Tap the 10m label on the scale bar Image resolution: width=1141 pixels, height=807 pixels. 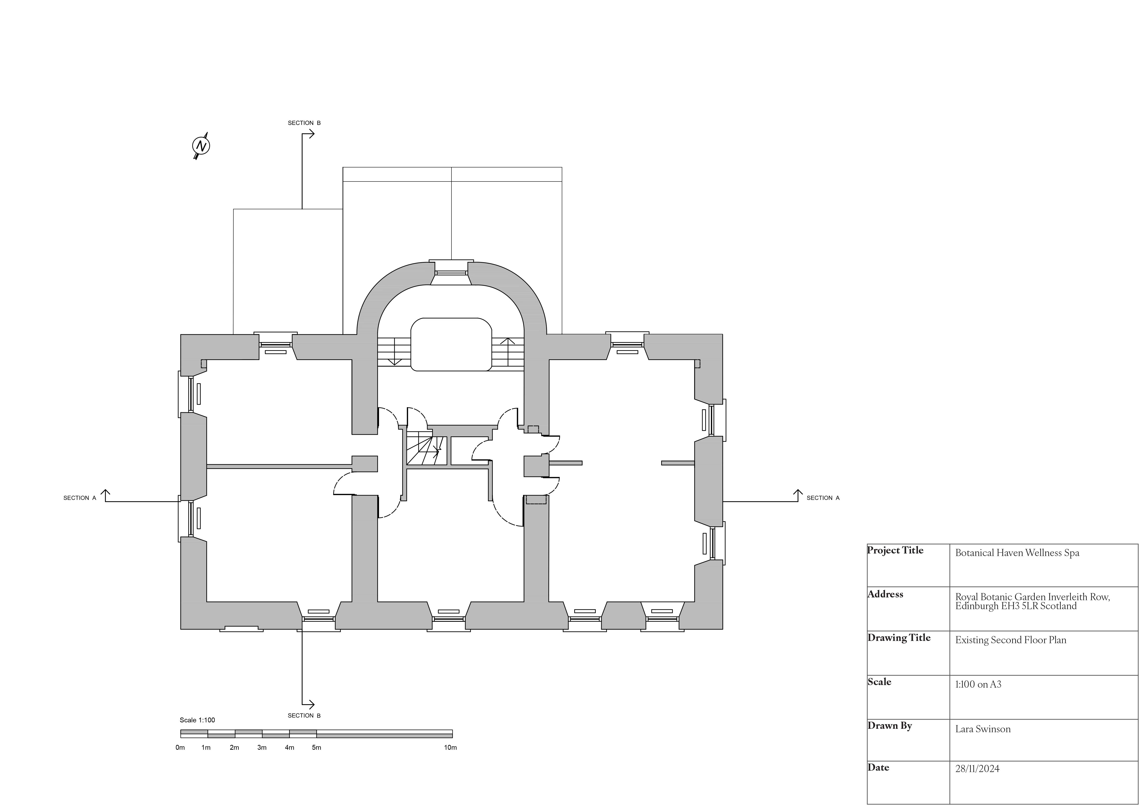pos(450,747)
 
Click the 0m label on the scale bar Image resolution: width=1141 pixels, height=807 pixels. pos(180,747)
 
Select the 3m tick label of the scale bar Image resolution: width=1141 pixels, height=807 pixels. pos(262,747)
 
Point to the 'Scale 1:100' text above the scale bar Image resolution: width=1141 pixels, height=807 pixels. pos(197,720)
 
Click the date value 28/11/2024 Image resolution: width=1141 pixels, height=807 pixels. pos(977,769)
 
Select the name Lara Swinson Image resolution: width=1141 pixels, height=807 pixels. pos(983,729)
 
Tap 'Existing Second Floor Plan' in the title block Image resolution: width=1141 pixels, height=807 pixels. pos(1010,640)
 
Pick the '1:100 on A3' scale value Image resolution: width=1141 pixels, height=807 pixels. pos(978,684)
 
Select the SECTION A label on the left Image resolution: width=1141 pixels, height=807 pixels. pos(80,498)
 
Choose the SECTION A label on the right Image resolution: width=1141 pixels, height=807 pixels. pos(823,498)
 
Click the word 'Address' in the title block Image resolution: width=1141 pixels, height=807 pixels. pos(885,594)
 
